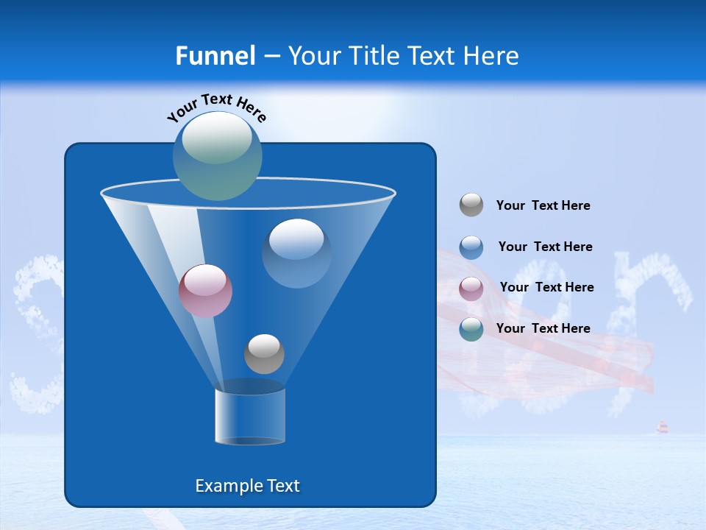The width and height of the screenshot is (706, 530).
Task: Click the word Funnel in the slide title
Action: coord(215,56)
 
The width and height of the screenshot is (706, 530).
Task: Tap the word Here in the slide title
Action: coord(491,56)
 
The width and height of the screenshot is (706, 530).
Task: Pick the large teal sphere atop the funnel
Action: coord(218,156)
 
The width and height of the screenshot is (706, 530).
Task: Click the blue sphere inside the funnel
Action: coord(296,252)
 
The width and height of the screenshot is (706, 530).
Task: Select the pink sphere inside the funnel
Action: coord(205,291)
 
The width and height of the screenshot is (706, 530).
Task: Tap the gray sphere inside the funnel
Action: coord(264,354)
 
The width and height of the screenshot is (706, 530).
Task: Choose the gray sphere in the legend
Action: coord(471,205)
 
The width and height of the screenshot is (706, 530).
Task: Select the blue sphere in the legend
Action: coord(471,247)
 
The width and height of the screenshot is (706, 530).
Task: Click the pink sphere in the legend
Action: coord(471,289)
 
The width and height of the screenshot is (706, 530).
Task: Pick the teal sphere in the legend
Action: coord(471,329)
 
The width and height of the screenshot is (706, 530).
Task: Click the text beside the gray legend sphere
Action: coord(543,205)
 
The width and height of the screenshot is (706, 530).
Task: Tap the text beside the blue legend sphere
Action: coord(545,247)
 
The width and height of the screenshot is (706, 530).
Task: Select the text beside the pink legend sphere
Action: coord(546,287)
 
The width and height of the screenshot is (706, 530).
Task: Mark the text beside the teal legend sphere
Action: coord(543,328)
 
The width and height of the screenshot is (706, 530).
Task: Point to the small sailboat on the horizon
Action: coord(663,427)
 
